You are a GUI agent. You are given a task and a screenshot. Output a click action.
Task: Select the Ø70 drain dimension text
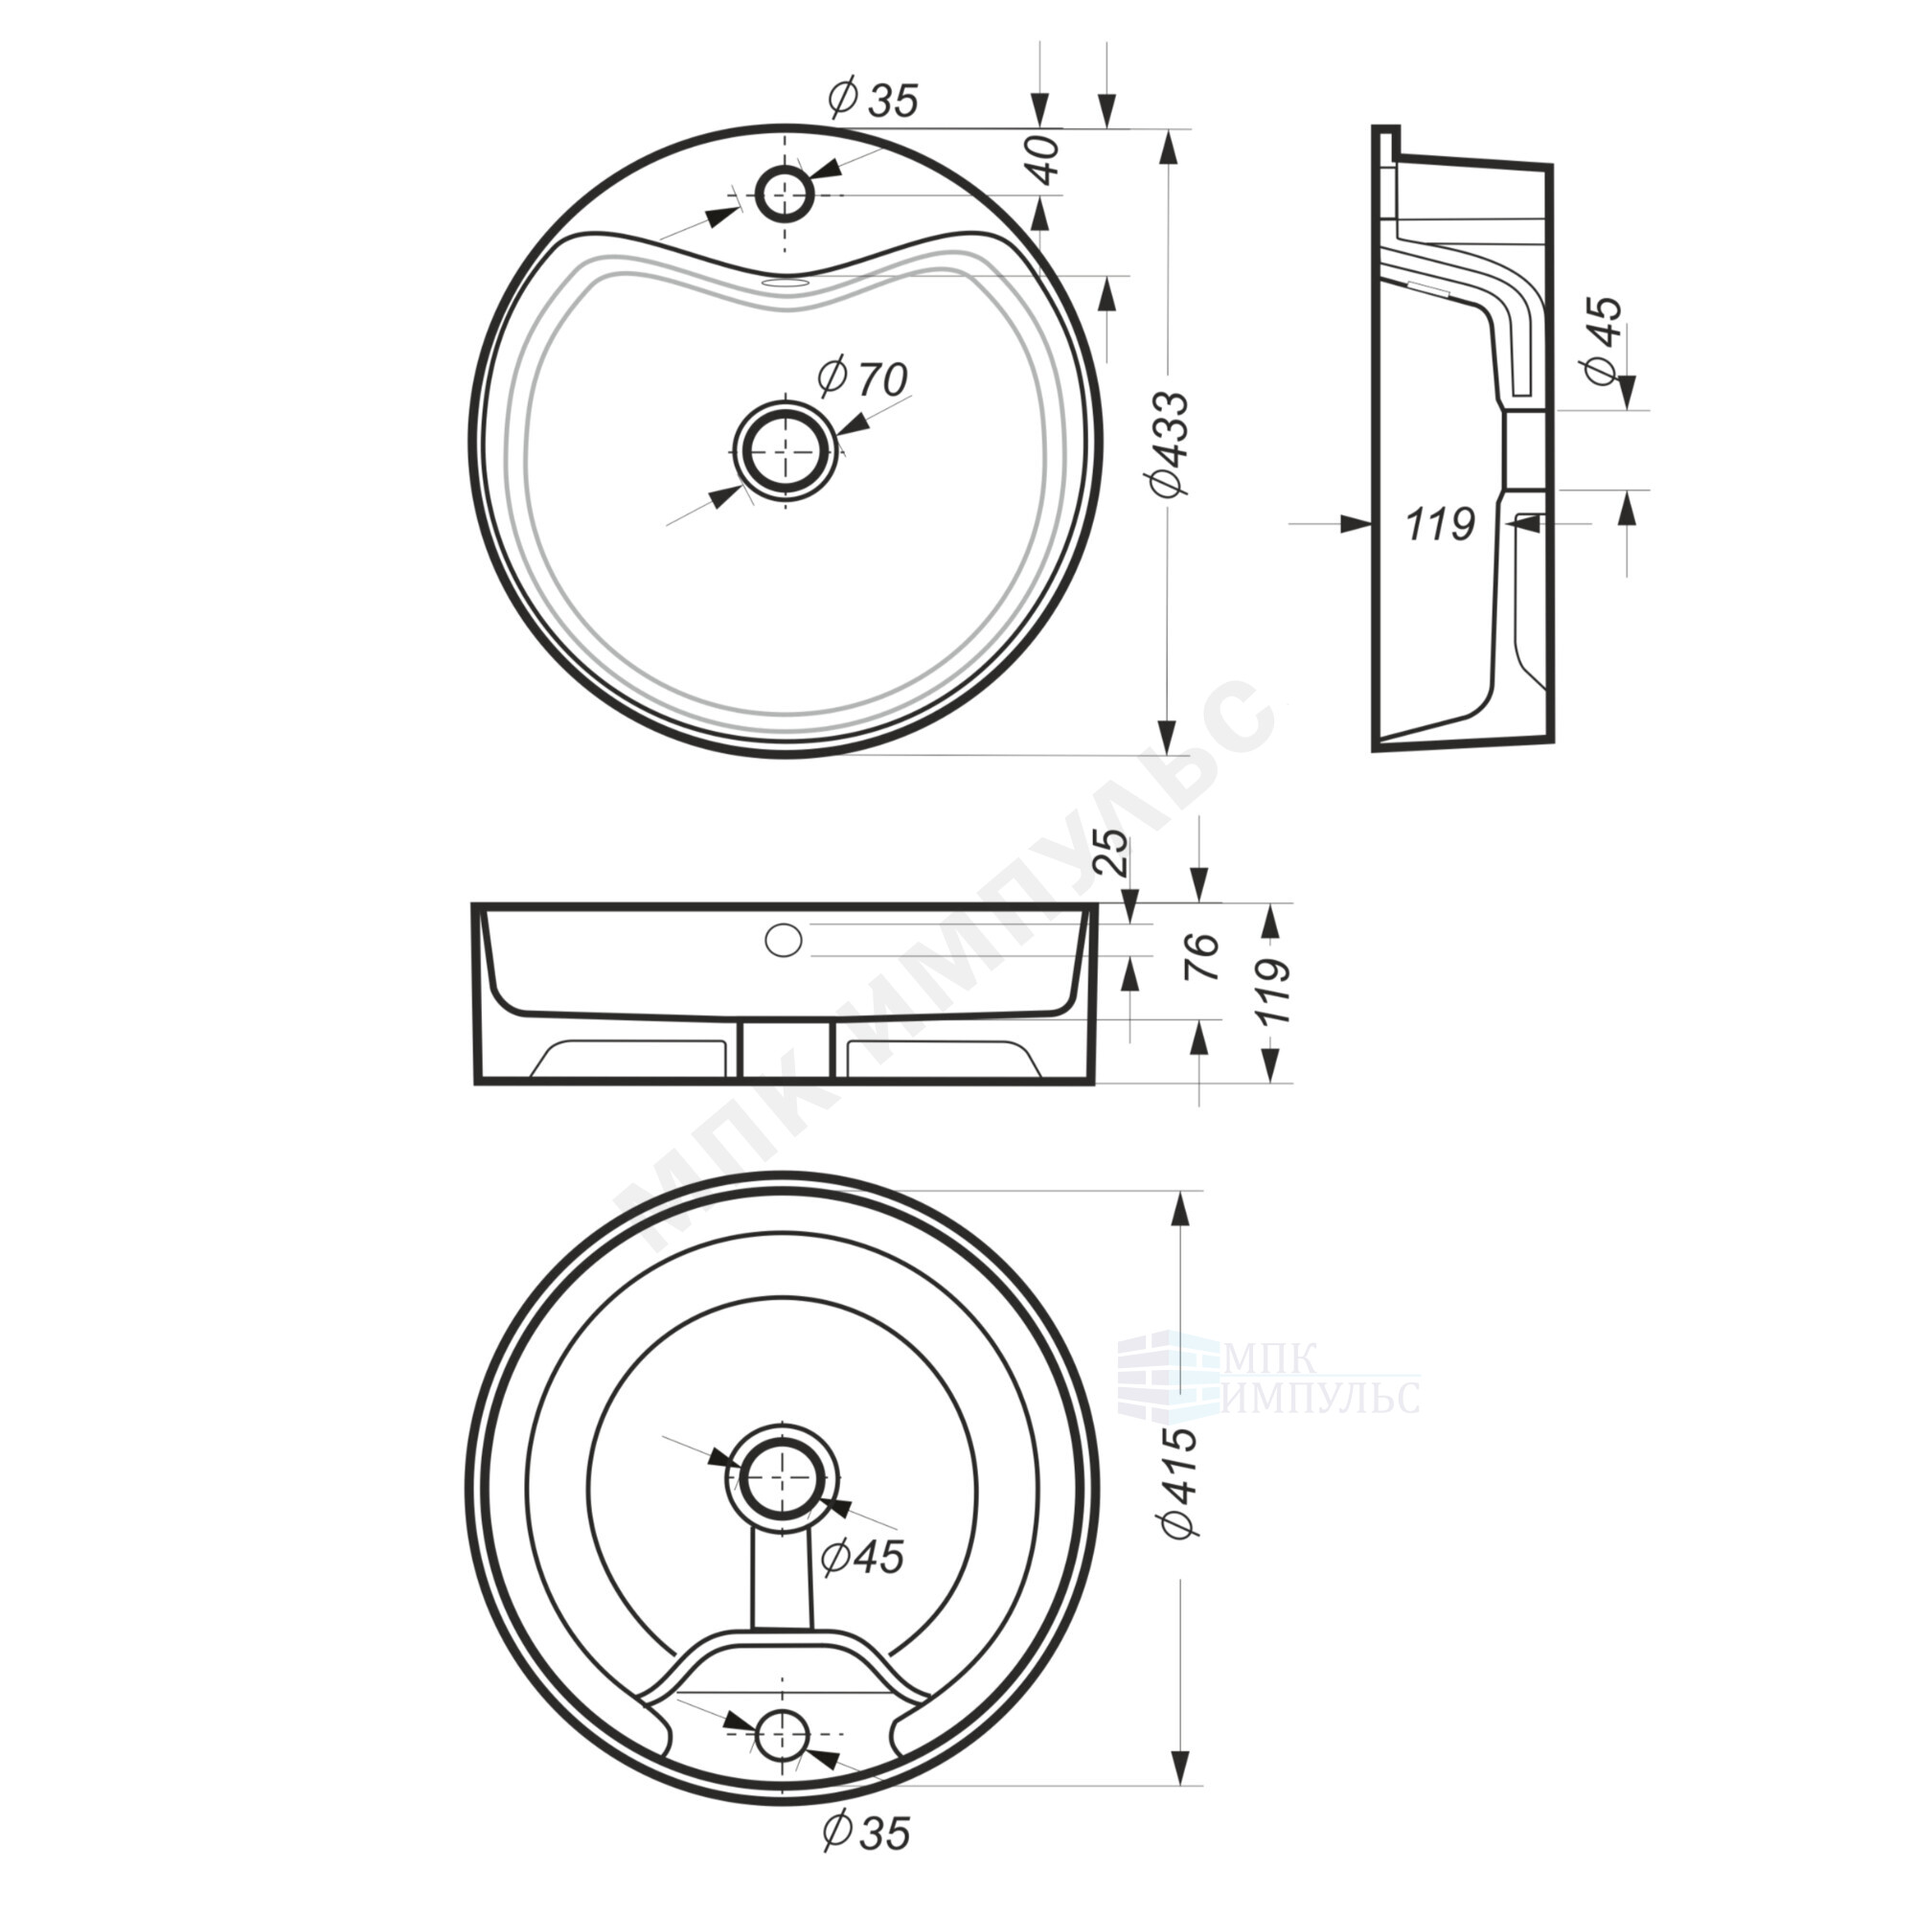coord(862,376)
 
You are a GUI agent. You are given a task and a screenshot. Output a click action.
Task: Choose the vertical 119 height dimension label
coord(1273,992)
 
